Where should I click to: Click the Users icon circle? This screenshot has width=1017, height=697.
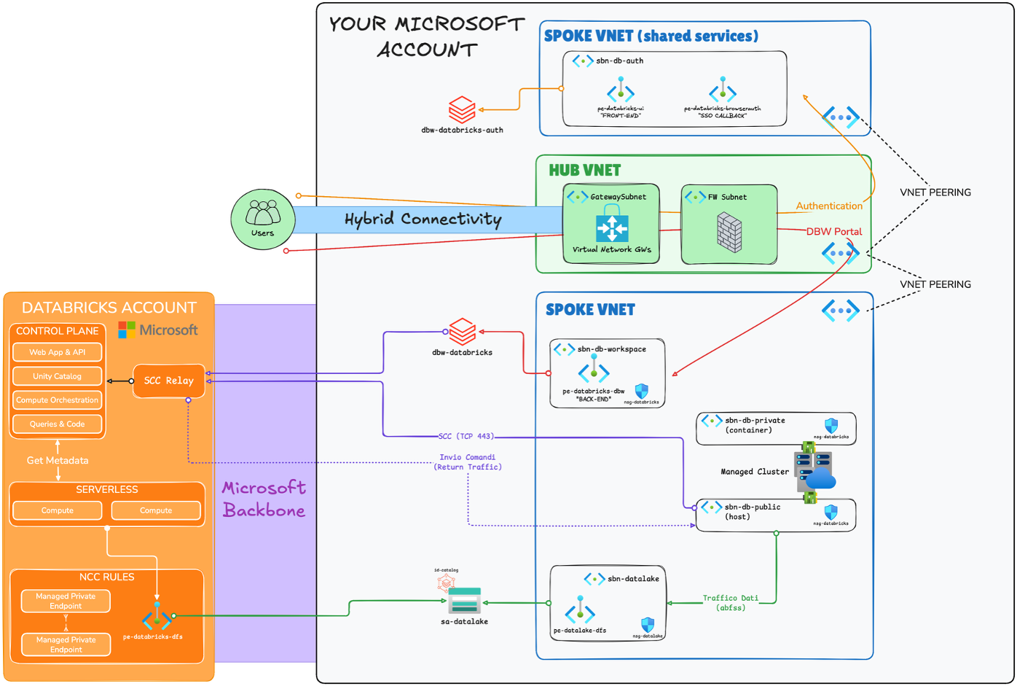(262, 219)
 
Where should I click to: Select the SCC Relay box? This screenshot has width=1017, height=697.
(169, 381)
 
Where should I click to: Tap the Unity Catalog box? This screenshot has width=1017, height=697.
(57, 376)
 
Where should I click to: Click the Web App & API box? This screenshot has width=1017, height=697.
(57, 352)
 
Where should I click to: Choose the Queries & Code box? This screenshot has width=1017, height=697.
(57, 424)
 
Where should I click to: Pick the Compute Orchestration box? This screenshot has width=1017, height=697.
(57, 400)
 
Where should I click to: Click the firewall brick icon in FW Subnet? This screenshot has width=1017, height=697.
(729, 233)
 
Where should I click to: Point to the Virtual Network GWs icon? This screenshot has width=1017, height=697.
(612, 227)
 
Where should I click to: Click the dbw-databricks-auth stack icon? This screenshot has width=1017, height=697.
(462, 110)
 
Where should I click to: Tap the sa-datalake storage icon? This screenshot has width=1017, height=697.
(464, 601)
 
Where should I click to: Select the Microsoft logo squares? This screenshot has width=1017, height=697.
(127, 330)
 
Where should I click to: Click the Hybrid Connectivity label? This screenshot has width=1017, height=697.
(423, 219)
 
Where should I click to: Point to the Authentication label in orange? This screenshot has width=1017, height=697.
(828, 206)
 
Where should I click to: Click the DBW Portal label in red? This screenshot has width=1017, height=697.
(833, 232)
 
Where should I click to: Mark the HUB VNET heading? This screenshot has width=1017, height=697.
(584, 171)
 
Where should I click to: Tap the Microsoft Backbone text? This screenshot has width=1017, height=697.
(264, 499)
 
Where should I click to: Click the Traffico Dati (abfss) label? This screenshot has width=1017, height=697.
(730, 602)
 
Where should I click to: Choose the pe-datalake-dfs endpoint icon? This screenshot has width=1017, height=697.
(580, 610)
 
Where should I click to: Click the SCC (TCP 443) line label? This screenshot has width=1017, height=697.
(466, 436)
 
